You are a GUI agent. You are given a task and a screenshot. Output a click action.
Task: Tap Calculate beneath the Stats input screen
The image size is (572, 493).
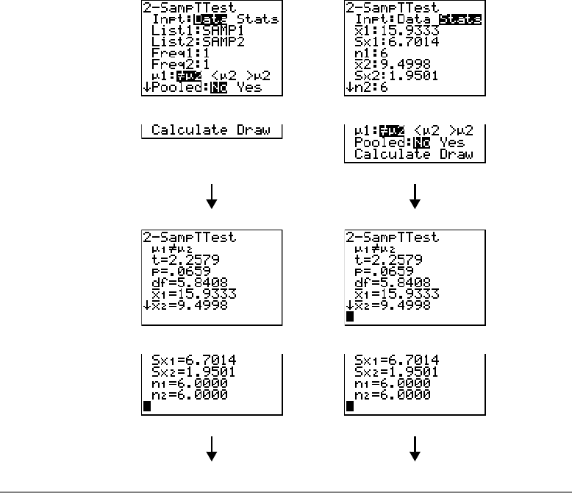coord(390,155)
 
